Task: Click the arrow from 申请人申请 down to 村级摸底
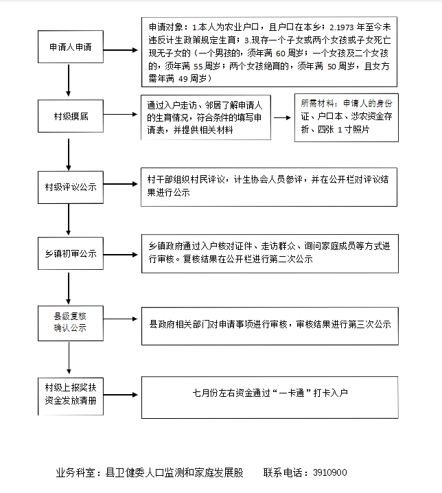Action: click(x=68, y=80)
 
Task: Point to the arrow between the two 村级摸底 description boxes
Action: click(x=282, y=117)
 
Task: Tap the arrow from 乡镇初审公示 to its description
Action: click(x=121, y=254)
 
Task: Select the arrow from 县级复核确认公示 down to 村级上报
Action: click(x=69, y=358)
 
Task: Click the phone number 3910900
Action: click(x=329, y=472)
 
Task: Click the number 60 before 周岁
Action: click(x=280, y=54)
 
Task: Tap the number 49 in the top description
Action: click(x=183, y=79)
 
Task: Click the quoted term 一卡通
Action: click(x=292, y=393)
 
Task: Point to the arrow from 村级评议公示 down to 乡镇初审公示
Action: click(x=68, y=220)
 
